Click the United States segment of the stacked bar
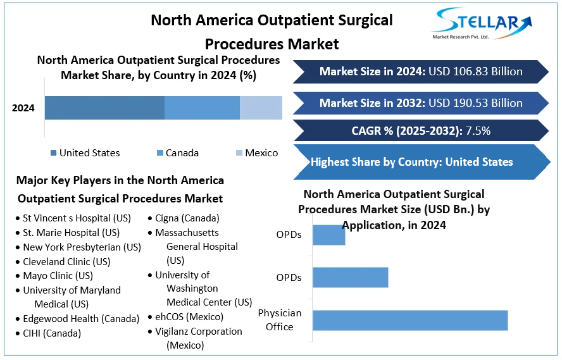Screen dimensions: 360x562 coord(104,108)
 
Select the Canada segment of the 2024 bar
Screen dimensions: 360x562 coord(202,108)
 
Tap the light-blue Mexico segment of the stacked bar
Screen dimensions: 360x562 coord(261,108)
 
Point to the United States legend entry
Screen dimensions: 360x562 coord(89,152)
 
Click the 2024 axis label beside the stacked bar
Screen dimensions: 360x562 coord(23,108)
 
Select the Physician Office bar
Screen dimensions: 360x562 coord(410,320)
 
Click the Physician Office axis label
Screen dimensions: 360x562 coord(280,320)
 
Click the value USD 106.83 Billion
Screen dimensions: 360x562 coord(475,71)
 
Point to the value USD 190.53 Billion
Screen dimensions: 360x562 coord(475,102)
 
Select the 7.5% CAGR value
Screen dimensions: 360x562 coord(478,132)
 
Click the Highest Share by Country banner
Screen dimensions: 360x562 coord(412,162)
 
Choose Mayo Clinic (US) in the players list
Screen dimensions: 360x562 coord(58,275)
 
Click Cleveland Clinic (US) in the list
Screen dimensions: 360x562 coord(66,261)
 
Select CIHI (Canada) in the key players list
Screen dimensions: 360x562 coord(52,333)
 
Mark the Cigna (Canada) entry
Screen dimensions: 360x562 coord(187,218)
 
